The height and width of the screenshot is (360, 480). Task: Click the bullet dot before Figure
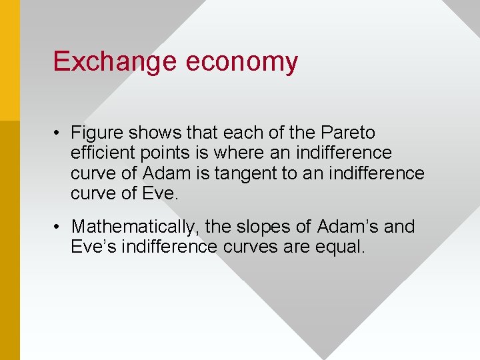tap(59, 133)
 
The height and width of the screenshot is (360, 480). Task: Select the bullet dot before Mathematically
tap(59, 227)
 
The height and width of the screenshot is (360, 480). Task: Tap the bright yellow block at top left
tap(9, 60)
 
